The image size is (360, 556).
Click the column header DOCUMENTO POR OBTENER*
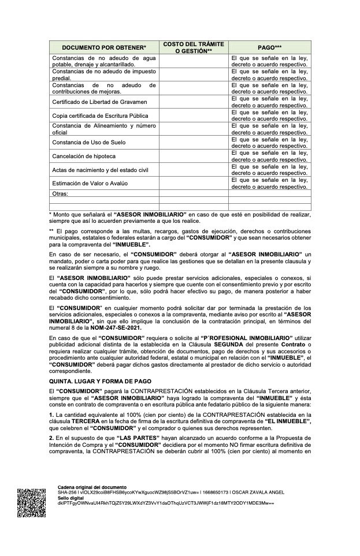pos(104,47)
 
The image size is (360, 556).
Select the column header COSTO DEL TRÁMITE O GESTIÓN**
pos(194,47)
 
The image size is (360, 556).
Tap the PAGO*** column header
pos(269,47)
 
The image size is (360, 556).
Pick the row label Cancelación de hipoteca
pos(84,156)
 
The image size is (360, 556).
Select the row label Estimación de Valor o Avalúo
pos(90,183)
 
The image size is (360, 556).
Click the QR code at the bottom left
pos(31,502)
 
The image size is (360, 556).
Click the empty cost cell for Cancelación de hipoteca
pos(194,156)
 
